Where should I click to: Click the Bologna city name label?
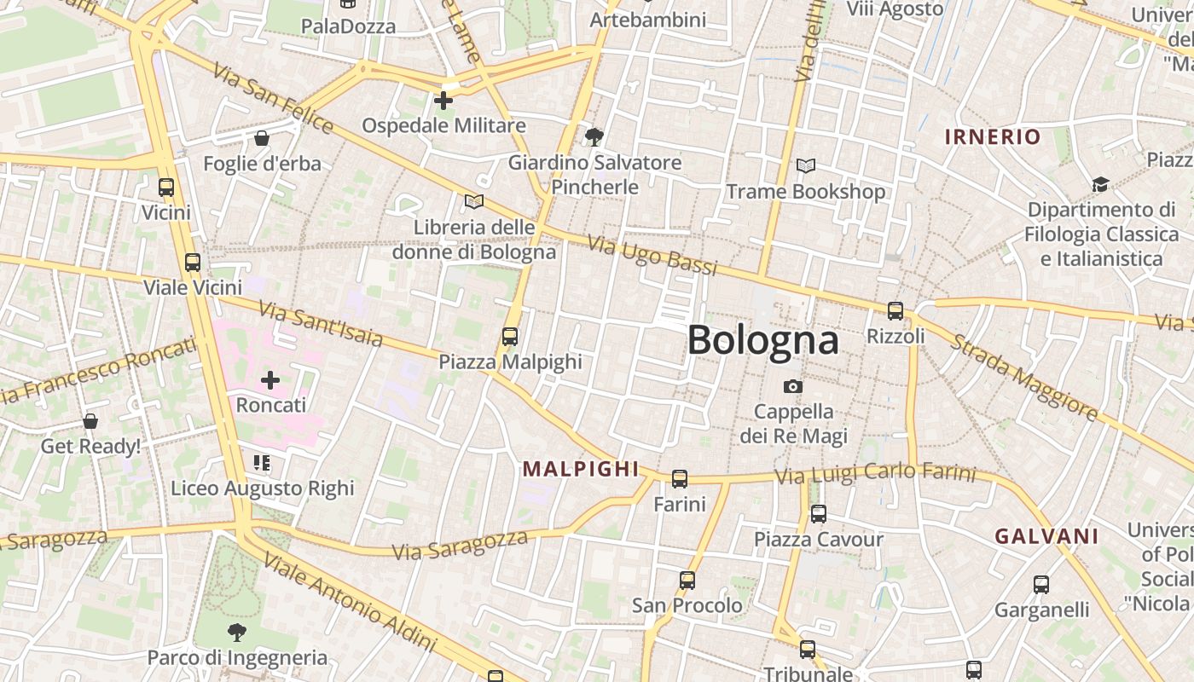762,340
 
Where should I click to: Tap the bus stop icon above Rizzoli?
895,311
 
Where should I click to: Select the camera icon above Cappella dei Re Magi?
793,387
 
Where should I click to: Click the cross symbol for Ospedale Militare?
443,101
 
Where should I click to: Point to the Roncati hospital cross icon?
270,380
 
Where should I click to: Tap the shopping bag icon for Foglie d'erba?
262,138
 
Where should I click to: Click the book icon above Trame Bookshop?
805,166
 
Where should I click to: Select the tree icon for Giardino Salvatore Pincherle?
594,136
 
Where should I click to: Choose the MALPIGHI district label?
581,468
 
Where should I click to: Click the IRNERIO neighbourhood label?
993,136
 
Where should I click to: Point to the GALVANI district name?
1046,536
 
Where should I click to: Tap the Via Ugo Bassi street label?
652,255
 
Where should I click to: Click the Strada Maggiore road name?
1023,376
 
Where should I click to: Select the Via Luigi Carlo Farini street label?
875,472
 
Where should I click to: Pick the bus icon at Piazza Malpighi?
510,337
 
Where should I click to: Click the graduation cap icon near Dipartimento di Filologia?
1100,185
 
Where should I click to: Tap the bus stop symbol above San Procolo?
687,581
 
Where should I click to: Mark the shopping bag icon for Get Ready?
90,421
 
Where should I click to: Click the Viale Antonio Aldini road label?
350,602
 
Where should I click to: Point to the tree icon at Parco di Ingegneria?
237,633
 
